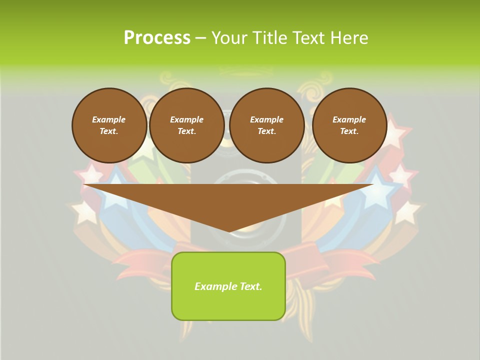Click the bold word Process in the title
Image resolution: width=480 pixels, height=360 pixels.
click(x=157, y=38)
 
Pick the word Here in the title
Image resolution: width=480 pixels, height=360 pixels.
click(x=351, y=38)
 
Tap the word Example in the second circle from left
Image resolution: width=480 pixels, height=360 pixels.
click(x=186, y=119)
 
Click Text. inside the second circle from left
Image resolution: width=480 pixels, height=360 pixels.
click(x=186, y=131)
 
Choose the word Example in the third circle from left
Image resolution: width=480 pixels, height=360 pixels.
click(x=266, y=119)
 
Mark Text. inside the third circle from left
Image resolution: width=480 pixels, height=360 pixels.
click(x=266, y=131)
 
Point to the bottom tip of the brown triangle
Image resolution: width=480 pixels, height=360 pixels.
click(x=229, y=231)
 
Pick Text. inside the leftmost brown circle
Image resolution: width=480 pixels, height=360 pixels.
click(x=109, y=131)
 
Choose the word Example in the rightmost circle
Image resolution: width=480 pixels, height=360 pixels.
click(x=349, y=119)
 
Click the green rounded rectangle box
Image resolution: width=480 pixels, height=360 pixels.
click(x=228, y=305)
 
